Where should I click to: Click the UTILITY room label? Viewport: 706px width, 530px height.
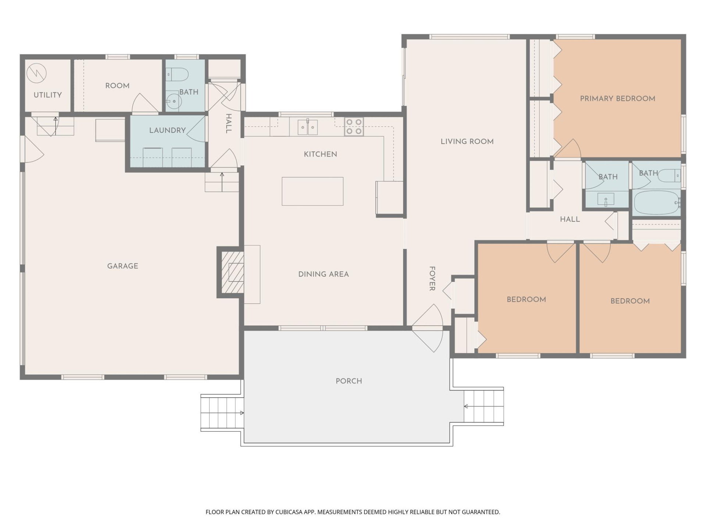(47, 95)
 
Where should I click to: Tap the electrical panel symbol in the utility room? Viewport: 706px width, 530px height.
(37, 73)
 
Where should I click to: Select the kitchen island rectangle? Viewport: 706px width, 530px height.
(313, 191)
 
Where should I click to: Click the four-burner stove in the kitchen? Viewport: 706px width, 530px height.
(354, 127)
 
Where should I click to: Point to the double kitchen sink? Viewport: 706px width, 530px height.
(307, 127)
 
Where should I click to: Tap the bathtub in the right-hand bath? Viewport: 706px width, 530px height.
(657, 203)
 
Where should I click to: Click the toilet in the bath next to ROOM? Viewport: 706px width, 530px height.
(178, 75)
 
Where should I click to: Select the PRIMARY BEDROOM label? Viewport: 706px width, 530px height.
(617, 99)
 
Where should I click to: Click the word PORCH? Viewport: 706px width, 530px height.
(349, 381)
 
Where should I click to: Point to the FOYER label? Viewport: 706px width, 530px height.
(432, 279)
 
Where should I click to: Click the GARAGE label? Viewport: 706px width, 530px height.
(122, 266)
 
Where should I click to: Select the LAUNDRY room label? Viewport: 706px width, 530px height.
(167, 130)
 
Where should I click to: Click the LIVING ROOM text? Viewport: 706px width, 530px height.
(467, 141)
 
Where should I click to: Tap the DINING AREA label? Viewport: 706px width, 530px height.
(323, 274)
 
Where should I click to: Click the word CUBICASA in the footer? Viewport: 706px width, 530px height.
(289, 512)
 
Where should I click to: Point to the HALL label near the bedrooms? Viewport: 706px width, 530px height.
(570, 219)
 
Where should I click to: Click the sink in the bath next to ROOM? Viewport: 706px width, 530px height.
(173, 100)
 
